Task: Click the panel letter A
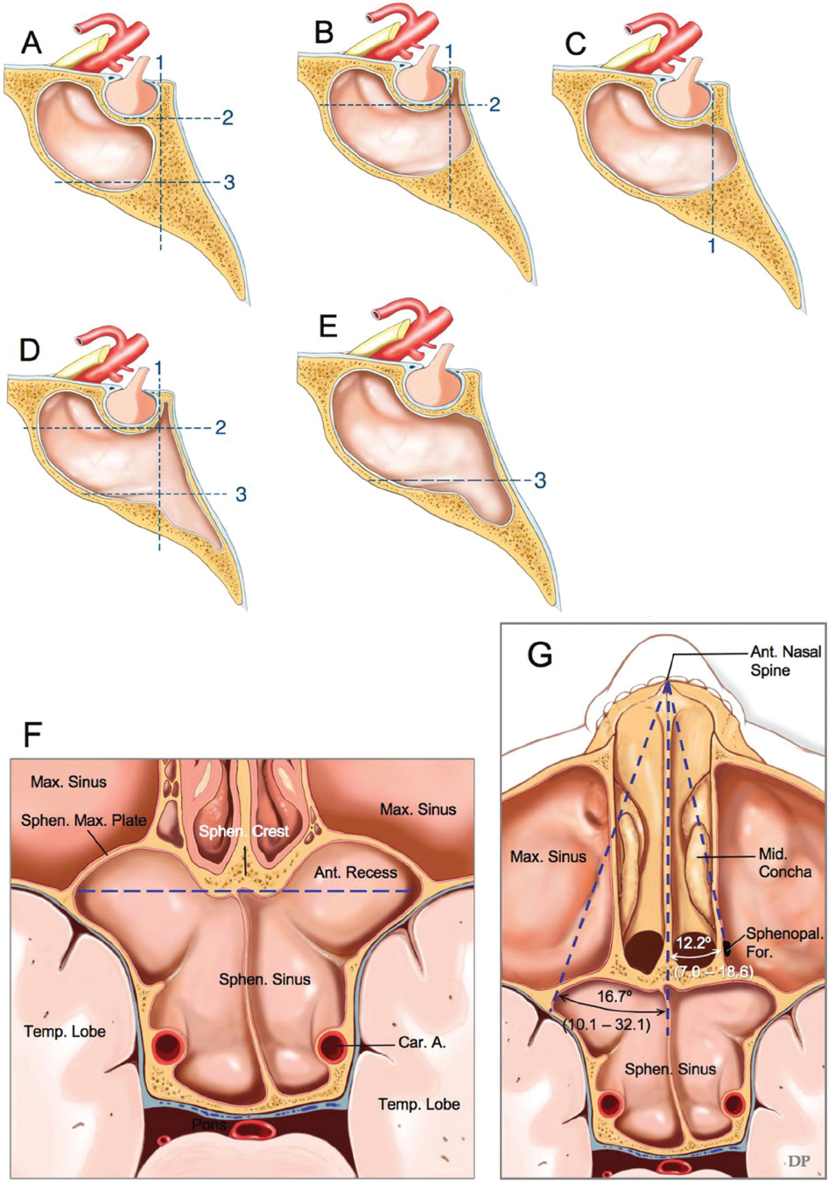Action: coord(32,42)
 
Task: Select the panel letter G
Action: coord(540,654)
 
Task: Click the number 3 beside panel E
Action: coord(540,480)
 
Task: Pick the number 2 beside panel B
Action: coord(495,105)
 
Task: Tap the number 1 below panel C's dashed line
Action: coord(712,247)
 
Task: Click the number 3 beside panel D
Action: coord(241,494)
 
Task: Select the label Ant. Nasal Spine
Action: coord(770,661)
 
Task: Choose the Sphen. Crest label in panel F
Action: coord(243,831)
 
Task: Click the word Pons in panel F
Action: coord(210,1124)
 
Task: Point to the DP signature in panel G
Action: coord(797,1160)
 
